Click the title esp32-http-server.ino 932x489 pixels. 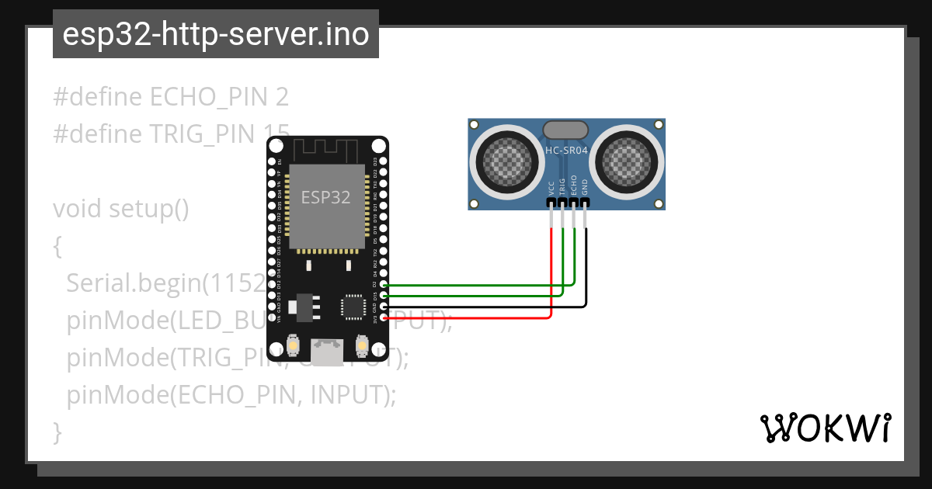pos(215,34)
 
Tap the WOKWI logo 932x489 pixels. pos(825,428)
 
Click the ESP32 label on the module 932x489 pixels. pos(326,197)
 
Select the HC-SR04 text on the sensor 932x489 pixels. pos(566,151)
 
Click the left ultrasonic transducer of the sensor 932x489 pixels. pos(509,161)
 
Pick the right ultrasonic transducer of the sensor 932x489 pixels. pos(626,161)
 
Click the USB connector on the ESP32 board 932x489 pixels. pos(326,352)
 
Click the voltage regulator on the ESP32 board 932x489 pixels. pos(304,307)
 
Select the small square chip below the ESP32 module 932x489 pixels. pos(353,307)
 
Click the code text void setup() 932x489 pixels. pos(120,210)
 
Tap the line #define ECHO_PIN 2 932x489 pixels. pos(171,97)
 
